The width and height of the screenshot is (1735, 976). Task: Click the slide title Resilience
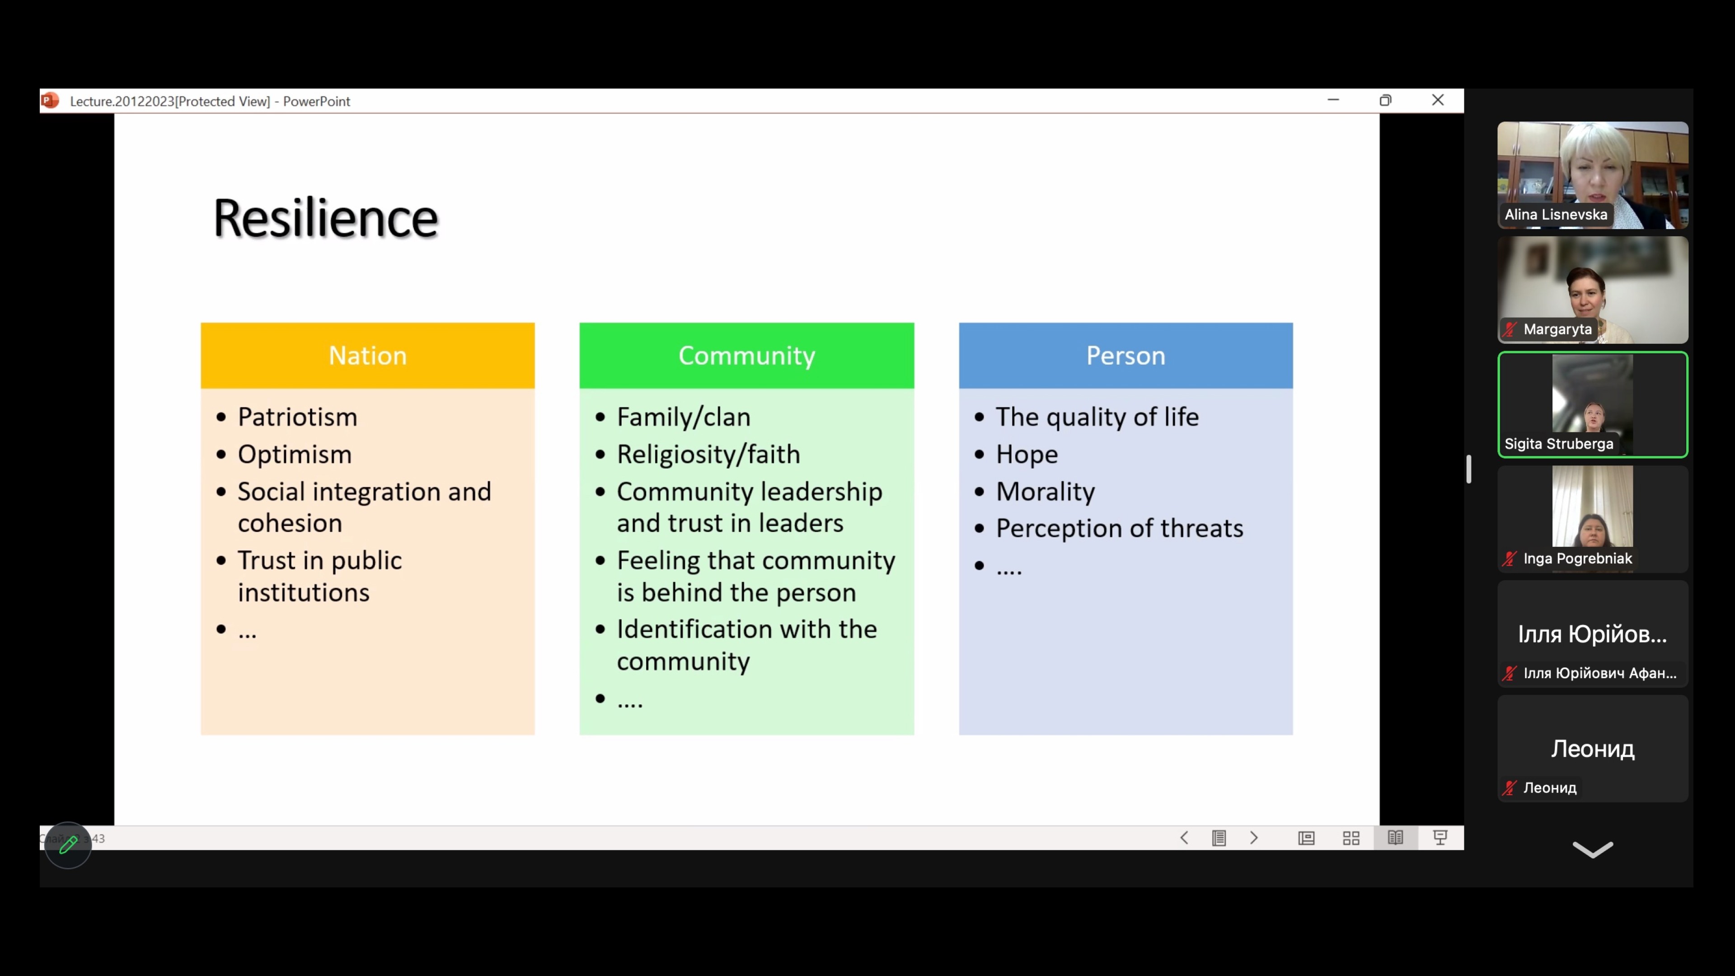[326, 218]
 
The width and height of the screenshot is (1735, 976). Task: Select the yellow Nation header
[368, 355]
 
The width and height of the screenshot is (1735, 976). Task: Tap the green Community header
[746, 355]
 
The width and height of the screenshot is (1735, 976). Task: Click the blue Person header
[1125, 355]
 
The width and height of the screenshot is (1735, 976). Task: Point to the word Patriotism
[297, 417]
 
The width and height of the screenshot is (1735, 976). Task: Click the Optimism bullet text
[294, 455]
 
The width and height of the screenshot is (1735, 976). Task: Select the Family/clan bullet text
[684, 417]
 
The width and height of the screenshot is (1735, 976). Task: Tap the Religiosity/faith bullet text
[708, 455]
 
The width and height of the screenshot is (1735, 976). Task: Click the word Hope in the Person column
[1027, 455]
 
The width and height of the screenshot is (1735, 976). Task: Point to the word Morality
[1046, 492]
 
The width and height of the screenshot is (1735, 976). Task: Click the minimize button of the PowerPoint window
[1333, 100]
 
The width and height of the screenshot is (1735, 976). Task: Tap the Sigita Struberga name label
[1558, 444]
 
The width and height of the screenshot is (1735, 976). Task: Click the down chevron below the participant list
[1593, 850]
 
